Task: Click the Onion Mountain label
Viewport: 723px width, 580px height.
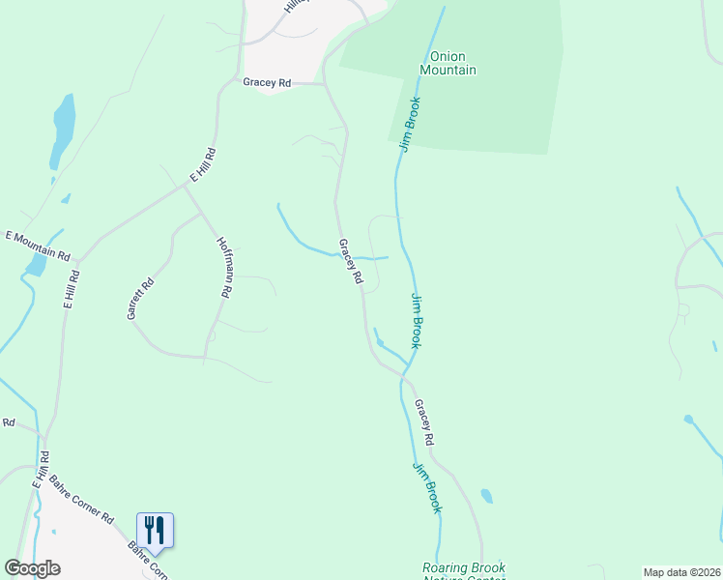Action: [448, 64]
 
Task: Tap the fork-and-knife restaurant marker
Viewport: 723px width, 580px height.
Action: [155, 530]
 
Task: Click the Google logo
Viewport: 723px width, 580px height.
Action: [32, 568]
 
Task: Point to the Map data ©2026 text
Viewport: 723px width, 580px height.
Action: [681, 572]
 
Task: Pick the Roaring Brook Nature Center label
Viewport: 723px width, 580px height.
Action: [464, 572]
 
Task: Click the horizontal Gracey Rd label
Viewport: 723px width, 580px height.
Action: [267, 83]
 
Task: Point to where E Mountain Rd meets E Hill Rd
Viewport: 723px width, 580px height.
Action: [79, 260]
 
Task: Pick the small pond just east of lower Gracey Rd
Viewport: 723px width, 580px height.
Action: [486, 497]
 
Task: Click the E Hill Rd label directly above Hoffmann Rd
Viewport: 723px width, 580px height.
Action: [202, 165]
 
